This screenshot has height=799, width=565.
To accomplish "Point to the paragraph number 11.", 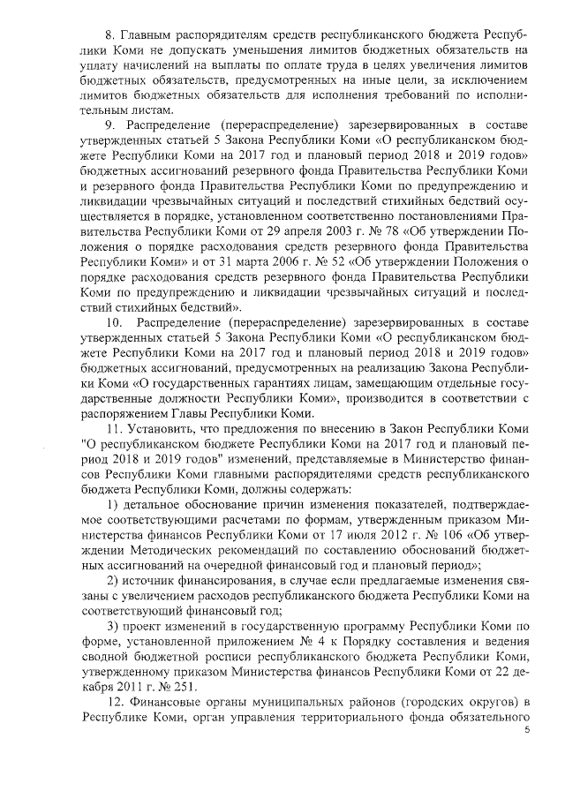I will (x=112, y=427).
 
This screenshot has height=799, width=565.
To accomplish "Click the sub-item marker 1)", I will (x=112, y=503).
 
